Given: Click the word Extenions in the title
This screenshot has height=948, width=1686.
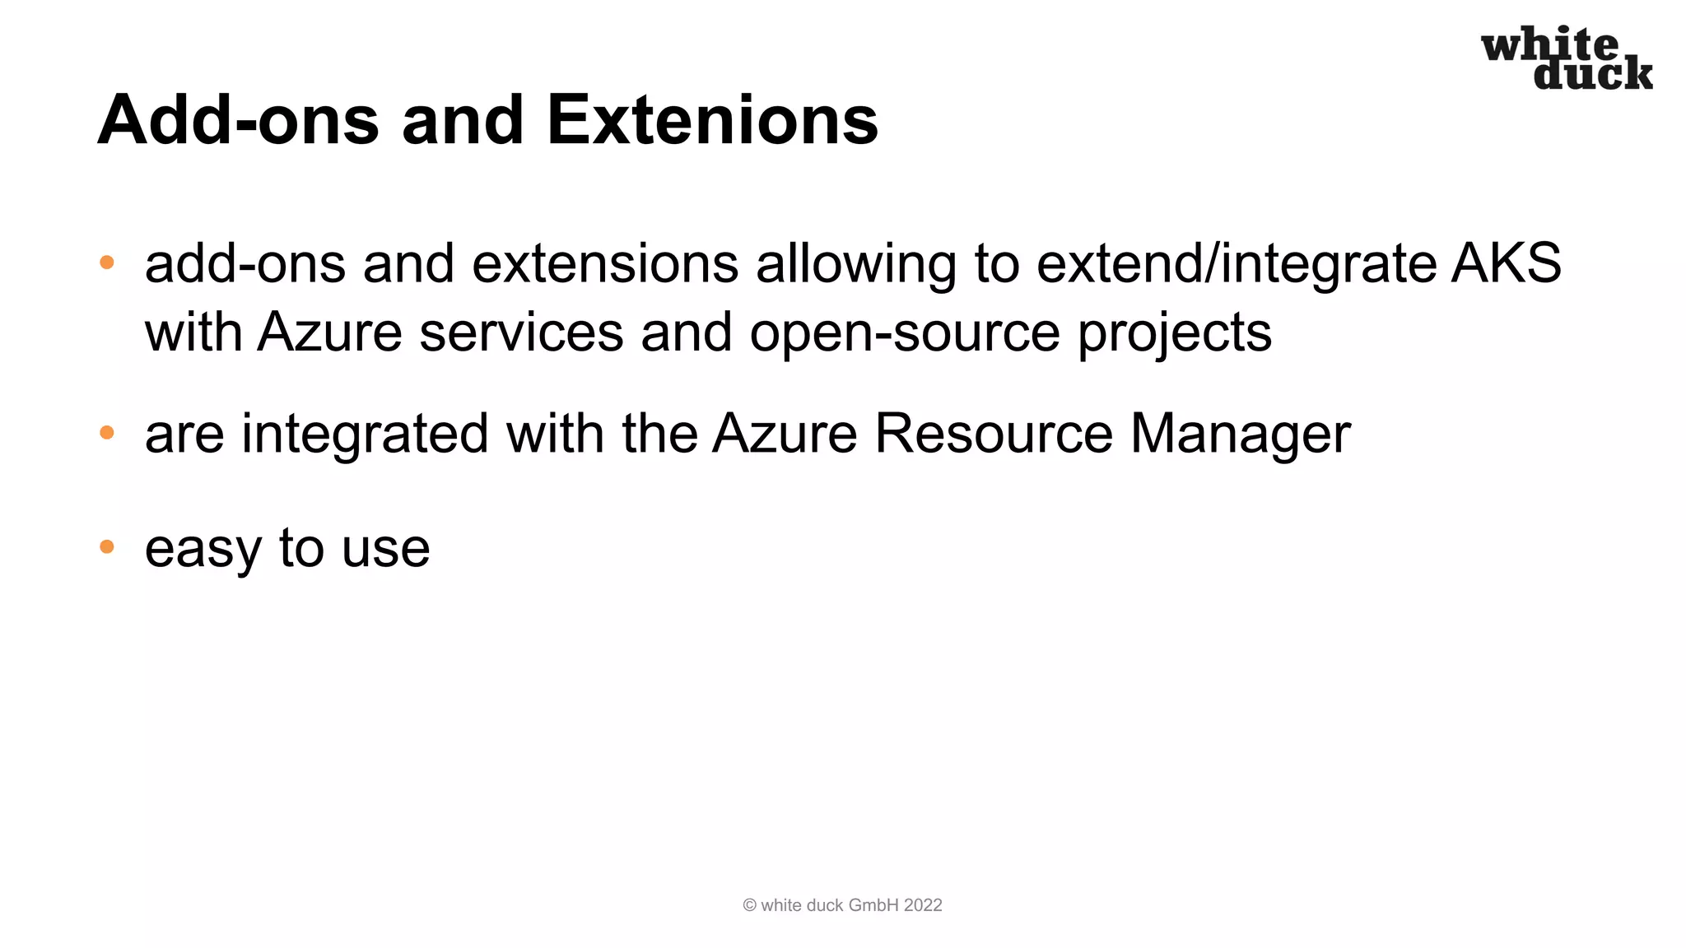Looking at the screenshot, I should click(712, 120).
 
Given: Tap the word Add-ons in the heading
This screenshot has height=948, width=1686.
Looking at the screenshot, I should click(238, 120).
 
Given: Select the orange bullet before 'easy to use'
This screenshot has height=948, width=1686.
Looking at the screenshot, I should click(106, 547).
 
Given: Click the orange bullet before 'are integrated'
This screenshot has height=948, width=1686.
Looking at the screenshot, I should click(106, 433).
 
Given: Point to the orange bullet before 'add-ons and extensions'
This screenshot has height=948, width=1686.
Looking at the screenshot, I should click(106, 263).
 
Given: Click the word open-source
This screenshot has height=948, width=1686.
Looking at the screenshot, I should click(905, 333).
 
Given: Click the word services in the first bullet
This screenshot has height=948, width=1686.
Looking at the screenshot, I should click(521, 332).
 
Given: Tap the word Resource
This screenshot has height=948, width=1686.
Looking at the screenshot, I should click(993, 434).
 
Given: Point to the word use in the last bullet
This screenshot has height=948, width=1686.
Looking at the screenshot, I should click(385, 549).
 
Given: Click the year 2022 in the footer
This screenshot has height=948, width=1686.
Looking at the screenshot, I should click(922, 905).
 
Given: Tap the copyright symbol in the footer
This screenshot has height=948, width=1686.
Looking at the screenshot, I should click(749, 905).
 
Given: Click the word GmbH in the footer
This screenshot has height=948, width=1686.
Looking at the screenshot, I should click(873, 905).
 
